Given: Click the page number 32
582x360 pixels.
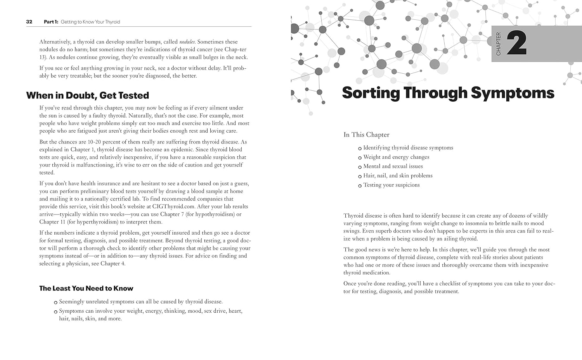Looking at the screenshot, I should click(29, 22).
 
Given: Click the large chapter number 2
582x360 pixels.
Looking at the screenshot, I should click(516, 43).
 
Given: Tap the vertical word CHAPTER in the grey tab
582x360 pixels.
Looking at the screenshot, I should click(499, 43).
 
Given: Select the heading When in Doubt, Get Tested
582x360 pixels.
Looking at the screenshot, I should click(87, 95).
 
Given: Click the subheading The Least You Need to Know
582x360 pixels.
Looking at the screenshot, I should click(86, 288).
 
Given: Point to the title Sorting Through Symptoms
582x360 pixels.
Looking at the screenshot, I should click(448, 93).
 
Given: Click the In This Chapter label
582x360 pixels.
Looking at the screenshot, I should click(366, 135).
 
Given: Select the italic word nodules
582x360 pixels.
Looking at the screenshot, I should click(187, 42).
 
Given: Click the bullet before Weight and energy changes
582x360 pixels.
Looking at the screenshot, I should click(360, 158).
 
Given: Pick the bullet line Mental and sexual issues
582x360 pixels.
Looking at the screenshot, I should click(393, 166).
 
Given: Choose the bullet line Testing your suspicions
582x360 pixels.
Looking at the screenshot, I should click(391, 185).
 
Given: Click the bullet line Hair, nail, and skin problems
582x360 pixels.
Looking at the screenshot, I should click(398, 175).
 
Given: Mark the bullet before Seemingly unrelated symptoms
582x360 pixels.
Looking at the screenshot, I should click(56, 302).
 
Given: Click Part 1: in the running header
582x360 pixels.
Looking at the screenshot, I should click(51, 22).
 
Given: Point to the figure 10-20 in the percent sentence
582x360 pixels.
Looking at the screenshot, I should click(94, 142).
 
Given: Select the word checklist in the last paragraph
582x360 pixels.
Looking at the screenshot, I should click(451, 284).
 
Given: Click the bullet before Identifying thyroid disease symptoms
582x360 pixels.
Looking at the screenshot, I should click(360, 149).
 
